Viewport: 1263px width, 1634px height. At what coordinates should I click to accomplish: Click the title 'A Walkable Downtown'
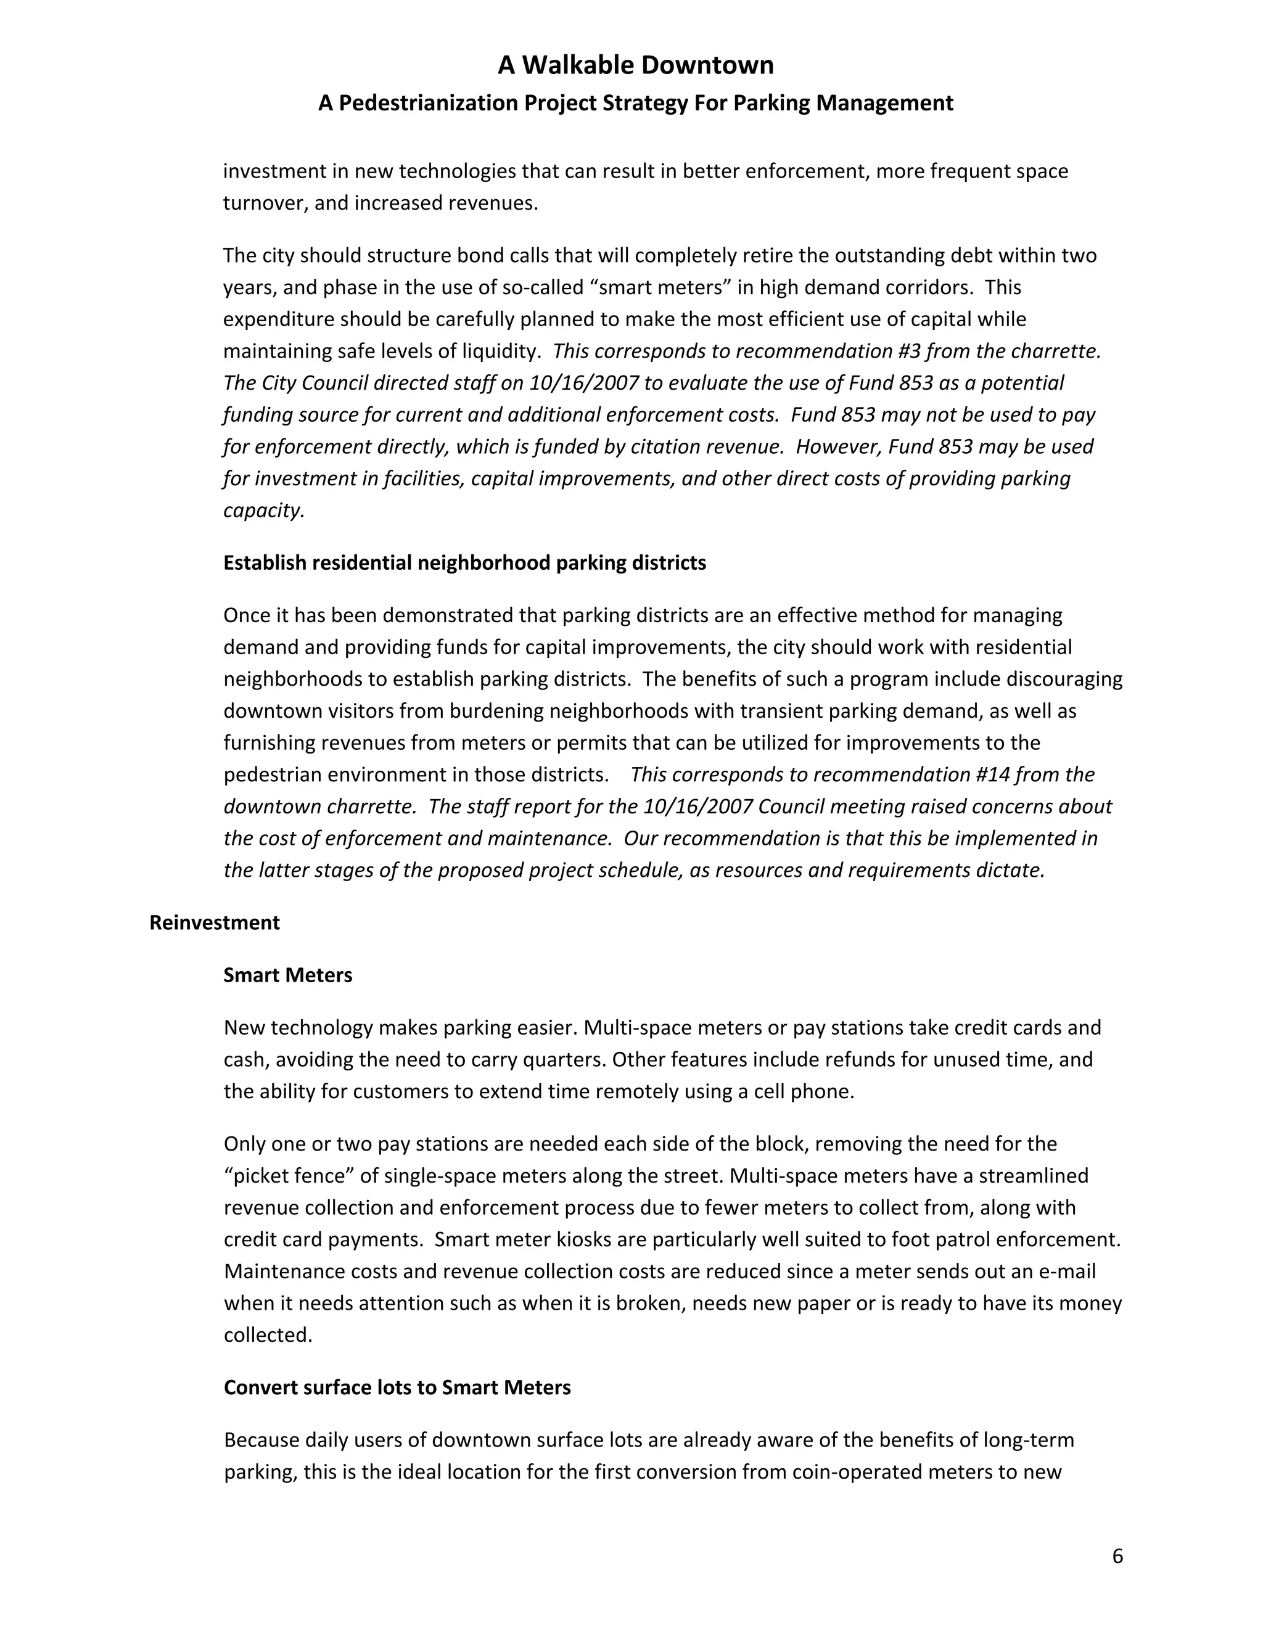tap(635, 66)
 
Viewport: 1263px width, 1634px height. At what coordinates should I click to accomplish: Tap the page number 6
tap(1117, 1556)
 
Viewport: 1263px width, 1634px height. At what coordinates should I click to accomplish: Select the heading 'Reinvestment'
tap(214, 922)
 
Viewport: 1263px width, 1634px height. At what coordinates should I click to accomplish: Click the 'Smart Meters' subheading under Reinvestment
tap(287, 975)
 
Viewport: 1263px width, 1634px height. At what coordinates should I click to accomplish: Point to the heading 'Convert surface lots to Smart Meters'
tap(397, 1388)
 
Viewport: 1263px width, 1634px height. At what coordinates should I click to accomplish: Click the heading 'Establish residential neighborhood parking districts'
tap(464, 562)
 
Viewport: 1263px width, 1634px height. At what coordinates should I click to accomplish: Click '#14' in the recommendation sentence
tap(996, 774)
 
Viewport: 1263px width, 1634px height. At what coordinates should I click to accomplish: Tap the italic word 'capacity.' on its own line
tap(263, 511)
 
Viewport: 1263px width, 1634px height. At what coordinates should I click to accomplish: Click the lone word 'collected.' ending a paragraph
tap(268, 1336)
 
